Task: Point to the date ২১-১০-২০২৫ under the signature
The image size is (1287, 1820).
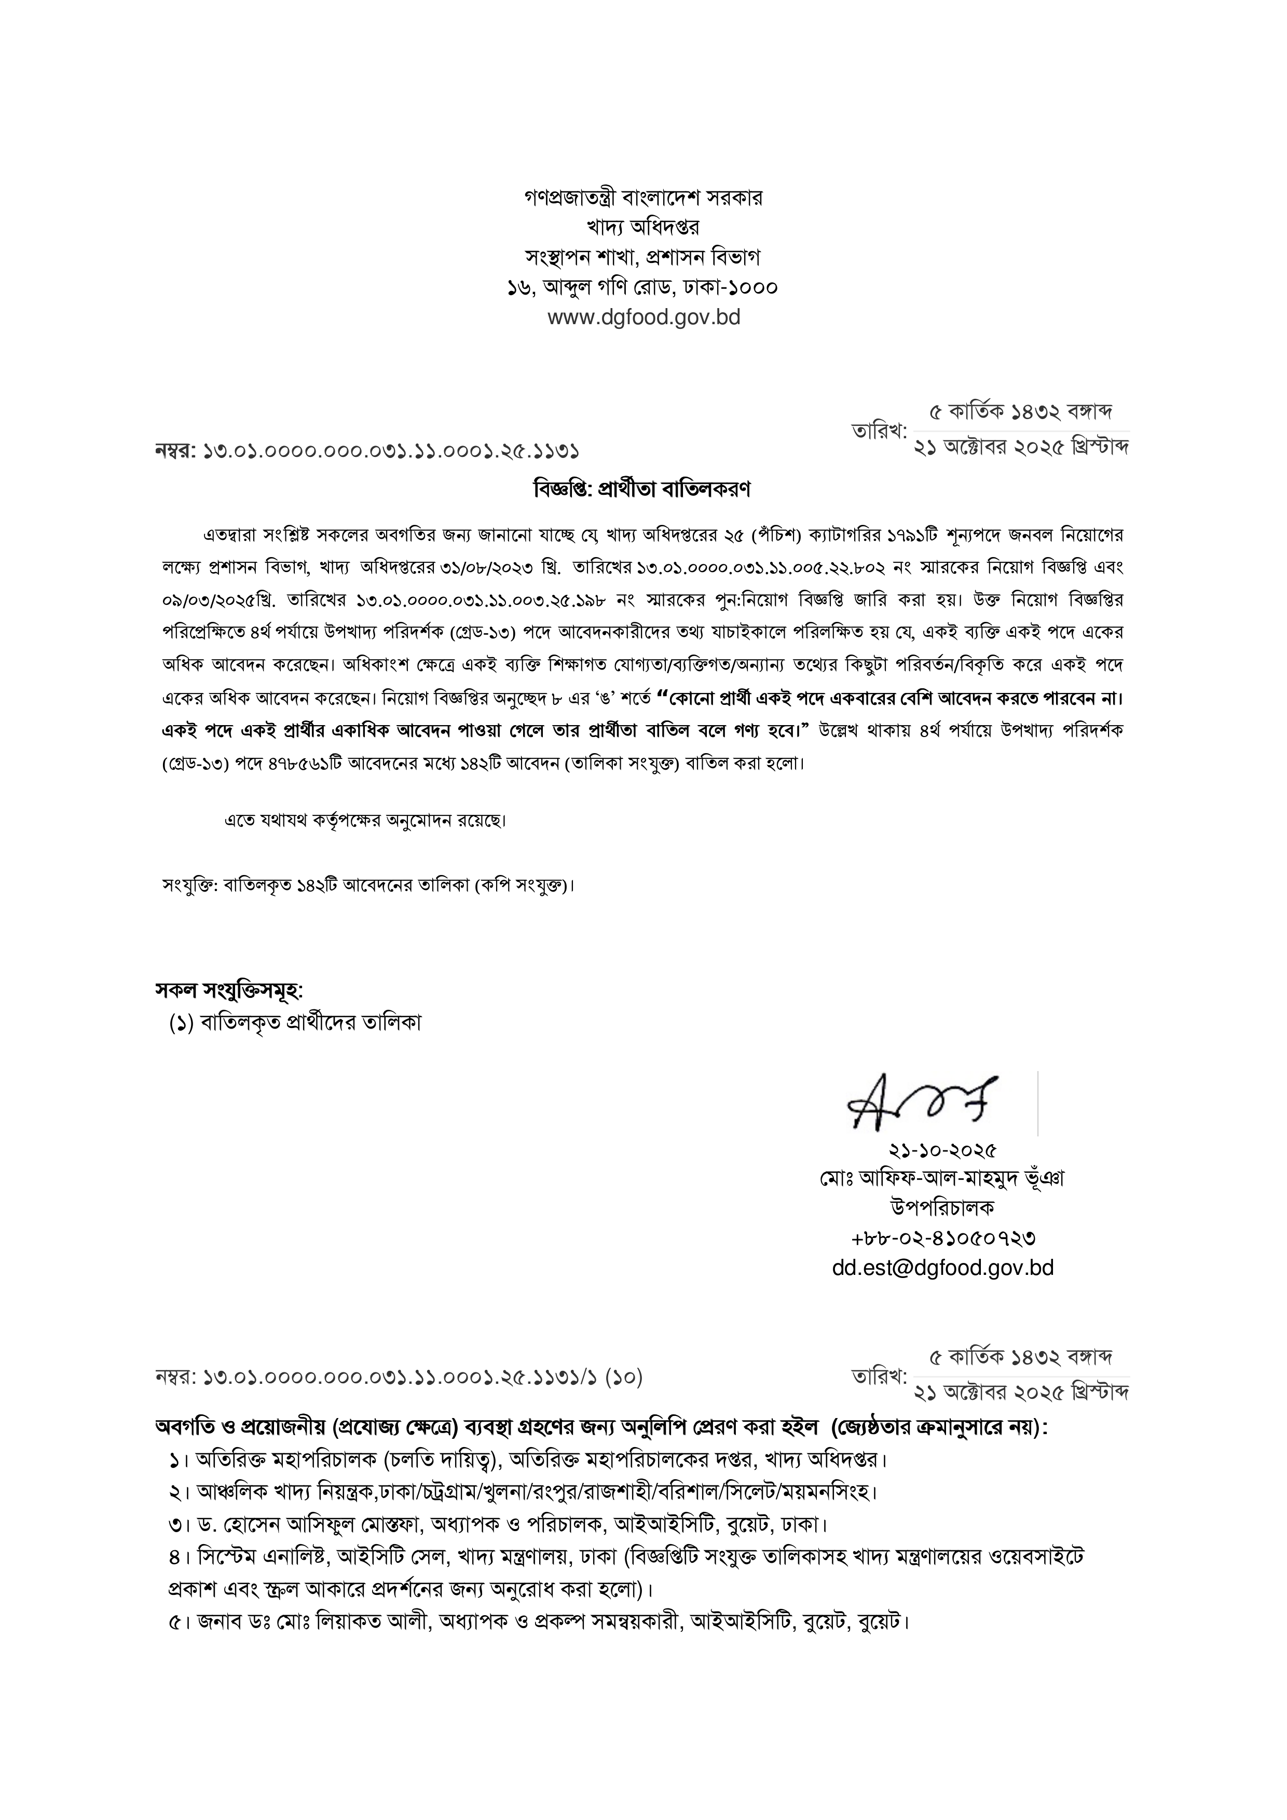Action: [942, 1149]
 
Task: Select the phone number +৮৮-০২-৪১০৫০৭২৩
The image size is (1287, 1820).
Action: [942, 1238]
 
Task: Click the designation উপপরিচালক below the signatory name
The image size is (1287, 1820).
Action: [942, 1207]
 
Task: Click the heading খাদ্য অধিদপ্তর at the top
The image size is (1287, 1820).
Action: [643, 228]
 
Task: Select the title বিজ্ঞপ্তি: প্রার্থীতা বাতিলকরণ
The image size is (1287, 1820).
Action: [643, 489]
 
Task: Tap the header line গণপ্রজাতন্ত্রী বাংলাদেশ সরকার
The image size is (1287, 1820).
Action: [643, 198]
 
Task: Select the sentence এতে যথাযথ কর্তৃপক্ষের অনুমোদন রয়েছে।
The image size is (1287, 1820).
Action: [365, 821]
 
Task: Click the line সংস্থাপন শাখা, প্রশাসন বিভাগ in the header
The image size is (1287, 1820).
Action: [643, 258]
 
